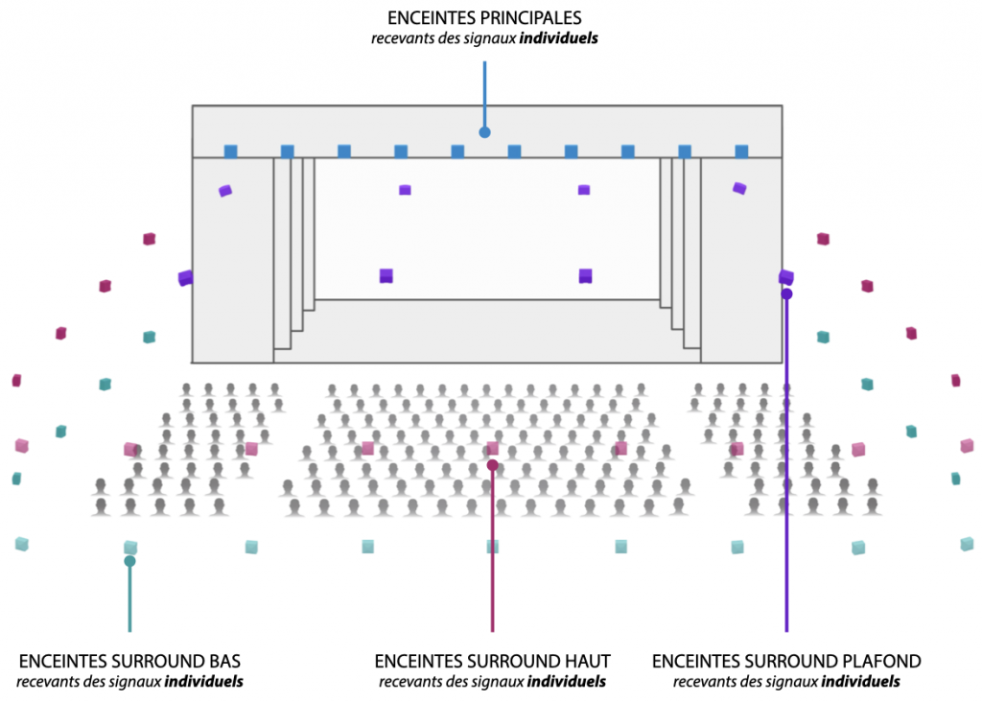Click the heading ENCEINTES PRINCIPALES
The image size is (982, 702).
(484, 17)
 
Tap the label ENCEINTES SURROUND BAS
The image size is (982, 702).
(129, 661)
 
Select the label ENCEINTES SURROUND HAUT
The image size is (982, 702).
(492, 661)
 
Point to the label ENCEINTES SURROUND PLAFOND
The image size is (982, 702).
(786, 661)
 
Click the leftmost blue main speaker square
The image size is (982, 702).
(230, 152)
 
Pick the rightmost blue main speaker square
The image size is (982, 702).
(741, 152)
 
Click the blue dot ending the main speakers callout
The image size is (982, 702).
(484, 132)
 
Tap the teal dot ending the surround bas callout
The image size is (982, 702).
(129, 561)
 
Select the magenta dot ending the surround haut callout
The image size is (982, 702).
(492, 465)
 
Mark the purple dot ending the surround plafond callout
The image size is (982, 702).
(786, 293)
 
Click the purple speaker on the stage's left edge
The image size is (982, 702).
(185, 277)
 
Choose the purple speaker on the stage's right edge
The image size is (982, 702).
(786, 277)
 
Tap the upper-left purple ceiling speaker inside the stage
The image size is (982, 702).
(224, 191)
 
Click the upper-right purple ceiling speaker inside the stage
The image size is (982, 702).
(739, 188)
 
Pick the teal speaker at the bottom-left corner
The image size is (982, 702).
(22, 544)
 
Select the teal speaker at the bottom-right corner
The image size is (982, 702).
(968, 544)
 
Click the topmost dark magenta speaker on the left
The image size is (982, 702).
(149, 239)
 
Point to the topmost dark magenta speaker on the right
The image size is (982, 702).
(824, 239)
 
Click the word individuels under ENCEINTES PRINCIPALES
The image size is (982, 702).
(559, 38)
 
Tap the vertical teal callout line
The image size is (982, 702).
(129, 597)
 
